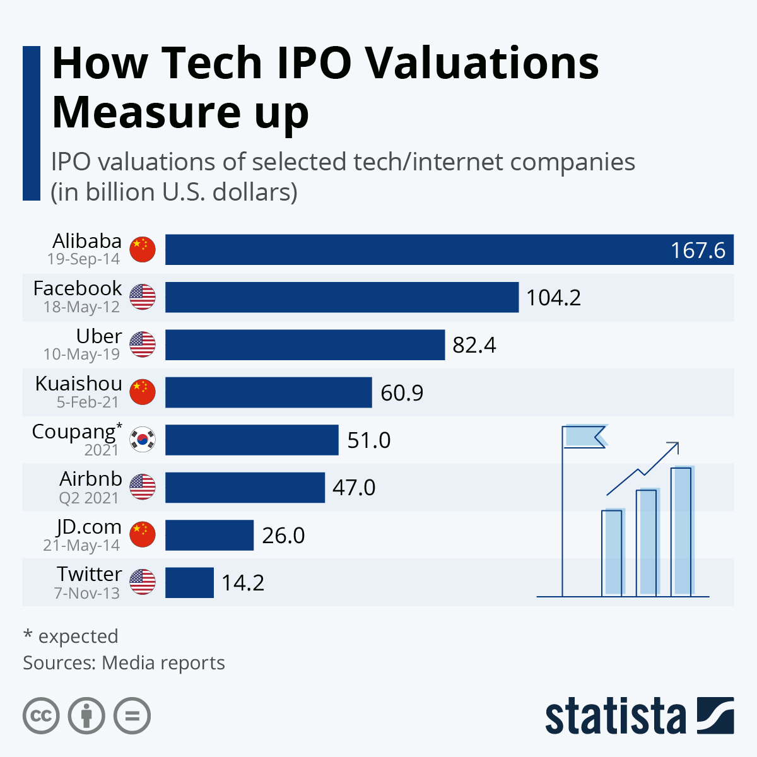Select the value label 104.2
pos(553,298)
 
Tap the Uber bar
pos(305,345)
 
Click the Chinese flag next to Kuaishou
pos(143,392)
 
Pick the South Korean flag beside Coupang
pos(143,440)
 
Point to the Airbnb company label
pos(91,479)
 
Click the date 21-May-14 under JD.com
pos(81,546)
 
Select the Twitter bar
pos(189,583)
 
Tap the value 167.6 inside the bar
pos(698,250)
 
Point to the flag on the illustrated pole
pos(584,436)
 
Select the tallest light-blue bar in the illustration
pos(681,531)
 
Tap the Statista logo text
pos(615,717)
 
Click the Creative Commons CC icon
pos(41,716)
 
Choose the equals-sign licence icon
pos(132,716)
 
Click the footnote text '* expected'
pos(71,636)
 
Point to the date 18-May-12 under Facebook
pos(81,307)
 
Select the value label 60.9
pos(402,393)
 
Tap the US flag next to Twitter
pos(143,582)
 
